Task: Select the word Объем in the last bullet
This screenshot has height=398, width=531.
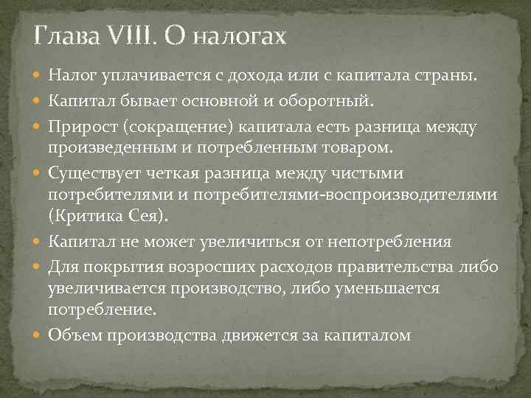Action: tap(75, 335)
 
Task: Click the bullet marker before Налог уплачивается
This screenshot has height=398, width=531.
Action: tap(37, 75)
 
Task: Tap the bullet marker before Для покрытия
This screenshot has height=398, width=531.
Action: tap(37, 267)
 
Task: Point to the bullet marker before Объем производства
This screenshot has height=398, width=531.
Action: tap(37, 335)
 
